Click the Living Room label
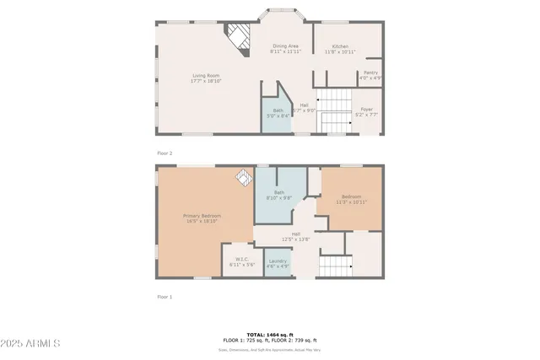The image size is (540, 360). click(x=205, y=78)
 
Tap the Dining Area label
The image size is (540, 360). click(x=284, y=49)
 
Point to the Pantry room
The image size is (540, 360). click(x=370, y=75)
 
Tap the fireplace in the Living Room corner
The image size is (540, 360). click(x=238, y=39)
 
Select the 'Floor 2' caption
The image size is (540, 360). click(x=165, y=153)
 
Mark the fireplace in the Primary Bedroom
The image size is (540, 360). click(x=243, y=179)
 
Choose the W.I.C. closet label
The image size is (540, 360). click(x=241, y=262)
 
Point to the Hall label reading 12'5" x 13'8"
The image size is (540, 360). click(x=296, y=237)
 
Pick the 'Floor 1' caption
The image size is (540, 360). click(x=165, y=297)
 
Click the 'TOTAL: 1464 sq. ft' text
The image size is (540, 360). click(x=270, y=335)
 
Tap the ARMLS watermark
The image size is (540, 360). click(x=30, y=344)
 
